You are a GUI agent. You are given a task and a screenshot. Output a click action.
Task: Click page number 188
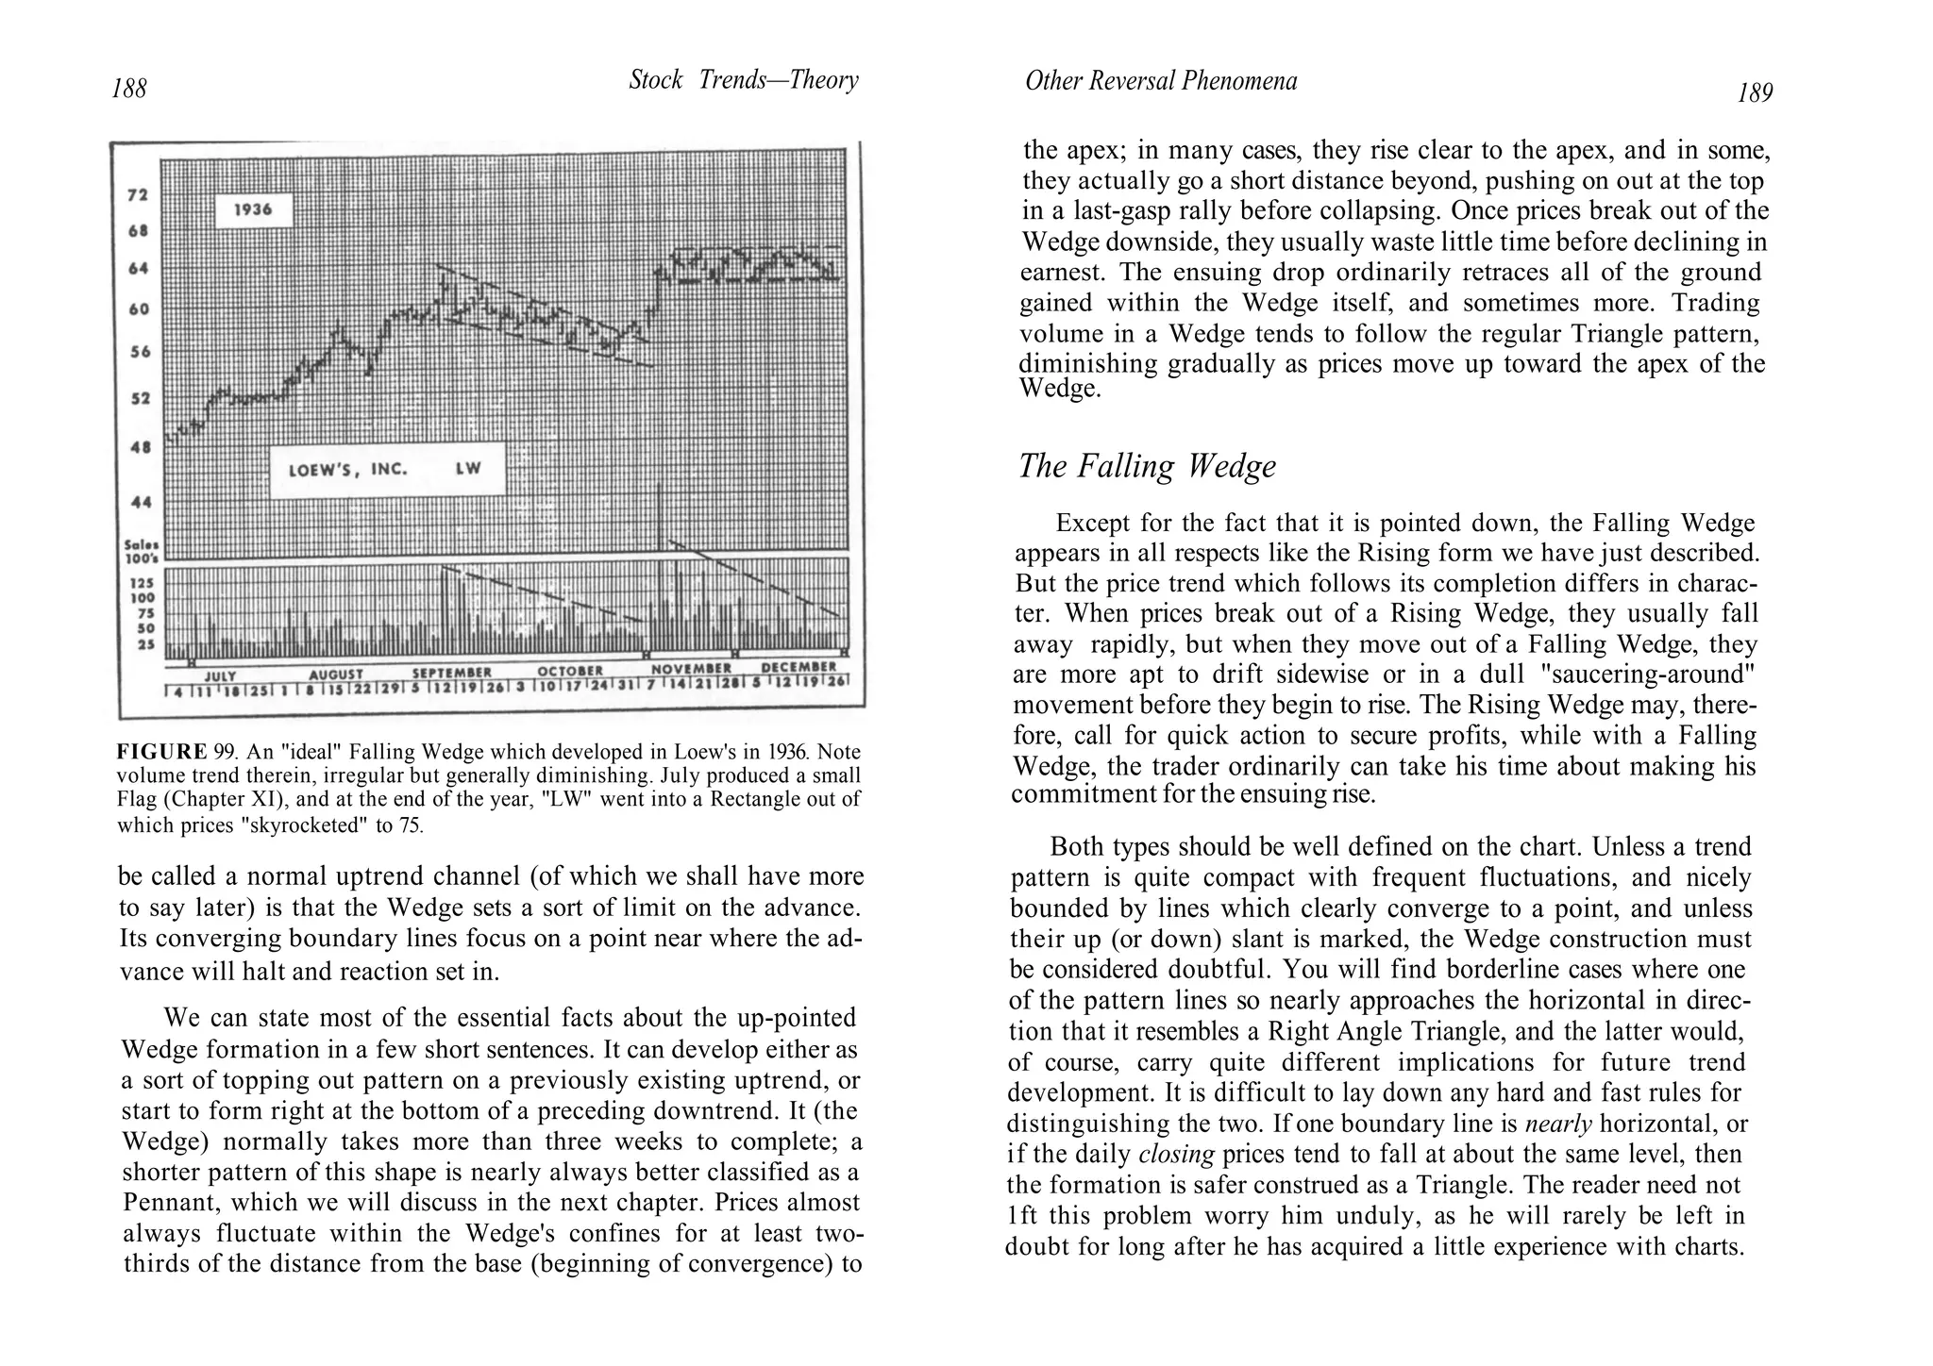point(129,89)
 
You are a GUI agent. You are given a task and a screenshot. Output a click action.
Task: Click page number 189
point(1755,93)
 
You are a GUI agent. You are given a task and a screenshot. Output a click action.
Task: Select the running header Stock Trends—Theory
point(744,80)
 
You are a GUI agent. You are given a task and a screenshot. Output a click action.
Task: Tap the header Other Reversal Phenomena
point(1161,82)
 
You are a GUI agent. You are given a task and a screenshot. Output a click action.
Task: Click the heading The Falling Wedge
point(1147,466)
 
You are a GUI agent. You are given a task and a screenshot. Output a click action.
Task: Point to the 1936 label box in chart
point(253,209)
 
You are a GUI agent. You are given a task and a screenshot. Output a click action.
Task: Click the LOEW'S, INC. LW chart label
point(386,469)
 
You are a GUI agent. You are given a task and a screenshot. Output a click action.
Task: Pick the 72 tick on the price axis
point(138,195)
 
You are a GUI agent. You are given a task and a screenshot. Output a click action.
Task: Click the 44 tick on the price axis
point(140,503)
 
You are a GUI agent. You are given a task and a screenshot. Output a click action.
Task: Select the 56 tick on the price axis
point(139,352)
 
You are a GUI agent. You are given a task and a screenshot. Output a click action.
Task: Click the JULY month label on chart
point(220,675)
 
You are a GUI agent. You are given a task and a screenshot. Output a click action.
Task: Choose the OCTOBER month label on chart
point(570,672)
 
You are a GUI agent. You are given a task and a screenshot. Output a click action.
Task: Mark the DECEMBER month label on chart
point(798,668)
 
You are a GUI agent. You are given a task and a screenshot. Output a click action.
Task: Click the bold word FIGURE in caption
point(161,752)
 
